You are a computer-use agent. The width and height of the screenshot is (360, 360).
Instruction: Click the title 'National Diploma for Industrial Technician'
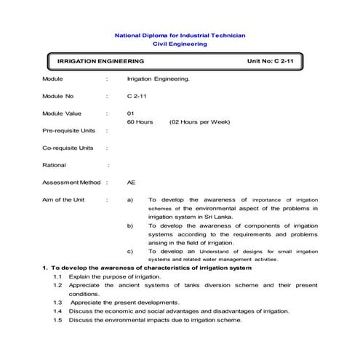coord(180,35)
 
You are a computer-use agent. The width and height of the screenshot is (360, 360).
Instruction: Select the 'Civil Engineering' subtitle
coord(180,44)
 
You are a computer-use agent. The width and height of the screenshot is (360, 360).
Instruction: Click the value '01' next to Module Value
coord(131,113)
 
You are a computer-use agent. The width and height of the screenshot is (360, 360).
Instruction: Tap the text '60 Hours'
coord(140,122)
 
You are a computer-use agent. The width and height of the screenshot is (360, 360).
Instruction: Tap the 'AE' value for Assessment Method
coord(131,183)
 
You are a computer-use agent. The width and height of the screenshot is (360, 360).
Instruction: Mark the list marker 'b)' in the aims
coord(130,226)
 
